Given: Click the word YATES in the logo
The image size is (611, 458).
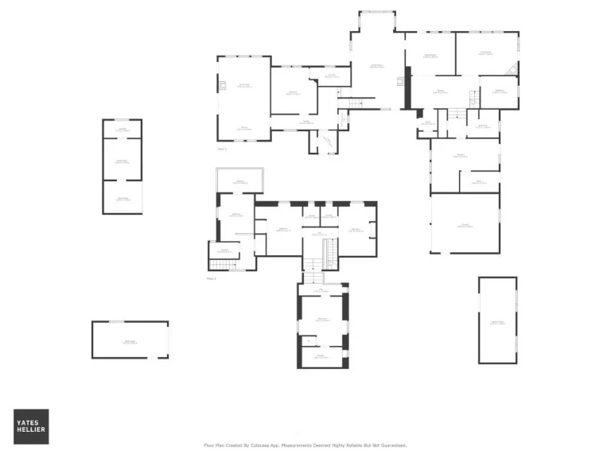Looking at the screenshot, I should point(31,423).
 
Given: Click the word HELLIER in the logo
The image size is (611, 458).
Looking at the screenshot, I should point(31,431).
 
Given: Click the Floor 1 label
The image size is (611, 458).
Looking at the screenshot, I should point(222,149).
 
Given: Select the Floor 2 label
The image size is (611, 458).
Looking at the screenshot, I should point(212,278).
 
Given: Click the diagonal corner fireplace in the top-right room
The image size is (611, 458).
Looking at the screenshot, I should point(513,70).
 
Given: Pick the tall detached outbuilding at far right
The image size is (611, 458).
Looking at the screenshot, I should point(497,320).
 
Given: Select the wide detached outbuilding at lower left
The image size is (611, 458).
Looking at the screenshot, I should point(130,340).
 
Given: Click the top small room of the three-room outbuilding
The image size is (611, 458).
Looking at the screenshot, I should point(122,129).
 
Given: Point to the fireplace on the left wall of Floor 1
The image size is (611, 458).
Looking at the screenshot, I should point(223,86).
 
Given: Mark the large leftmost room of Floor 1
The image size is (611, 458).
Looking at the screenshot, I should point(243,97).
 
